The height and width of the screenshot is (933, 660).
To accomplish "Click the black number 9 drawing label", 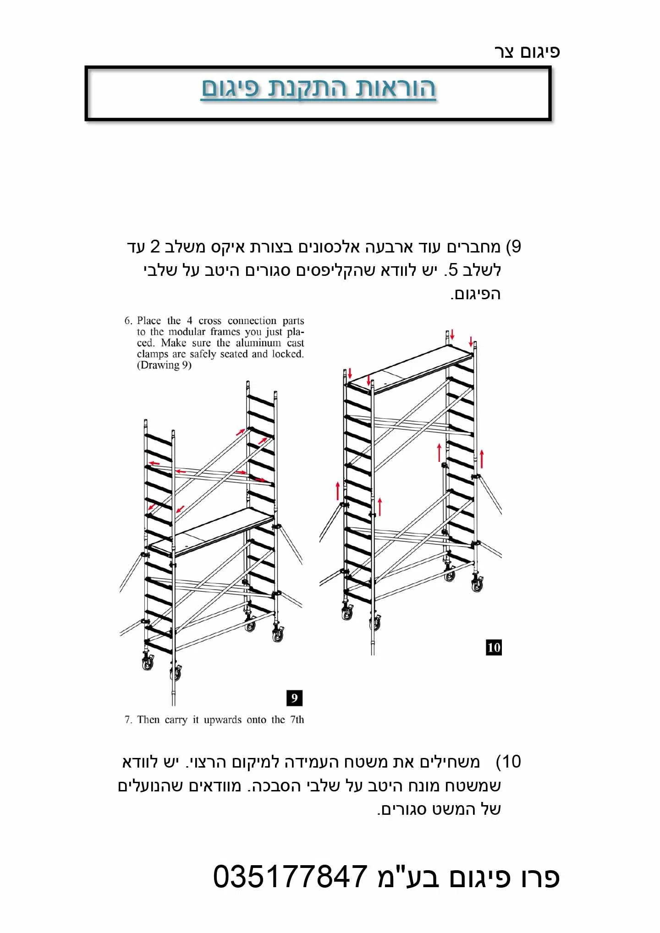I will pyautogui.click(x=294, y=698).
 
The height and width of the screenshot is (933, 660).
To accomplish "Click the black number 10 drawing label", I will pyautogui.click(x=494, y=648).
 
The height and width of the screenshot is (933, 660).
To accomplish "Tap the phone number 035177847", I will pyautogui.click(x=290, y=877).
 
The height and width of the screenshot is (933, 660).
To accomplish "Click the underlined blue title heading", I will pyautogui.click(x=319, y=89).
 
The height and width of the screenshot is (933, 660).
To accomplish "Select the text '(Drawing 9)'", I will pyautogui.click(x=164, y=365).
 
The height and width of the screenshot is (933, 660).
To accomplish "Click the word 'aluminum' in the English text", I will pyautogui.click(x=258, y=343).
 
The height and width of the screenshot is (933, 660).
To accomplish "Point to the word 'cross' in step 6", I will pyautogui.click(x=210, y=321).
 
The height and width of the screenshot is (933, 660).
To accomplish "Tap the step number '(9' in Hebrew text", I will pyautogui.click(x=513, y=247).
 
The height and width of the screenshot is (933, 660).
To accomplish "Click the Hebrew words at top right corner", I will pyautogui.click(x=527, y=52).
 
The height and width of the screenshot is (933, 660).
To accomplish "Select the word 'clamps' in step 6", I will pyautogui.click(x=151, y=354).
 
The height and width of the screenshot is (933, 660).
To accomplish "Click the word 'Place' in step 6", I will pyautogui.click(x=149, y=321).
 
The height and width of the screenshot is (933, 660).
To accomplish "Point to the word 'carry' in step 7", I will pyautogui.click(x=176, y=720).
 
